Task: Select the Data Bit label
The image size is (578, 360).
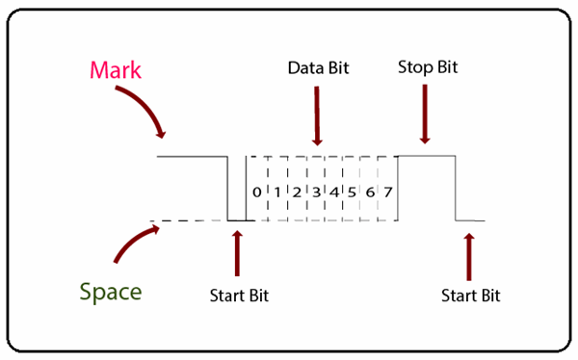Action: click(318, 69)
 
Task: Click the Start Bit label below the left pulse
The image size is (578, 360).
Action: click(239, 295)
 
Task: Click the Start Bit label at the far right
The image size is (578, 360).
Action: click(471, 295)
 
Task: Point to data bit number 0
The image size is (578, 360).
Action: click(256, 193)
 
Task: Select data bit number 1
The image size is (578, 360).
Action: click(276, 193)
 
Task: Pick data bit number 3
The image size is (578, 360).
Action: click(315, 193)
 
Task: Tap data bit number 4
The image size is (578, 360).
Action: click(333, 193)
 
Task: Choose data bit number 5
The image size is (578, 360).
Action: click(352, 193)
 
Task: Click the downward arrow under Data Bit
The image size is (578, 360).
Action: click(317, 116)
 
